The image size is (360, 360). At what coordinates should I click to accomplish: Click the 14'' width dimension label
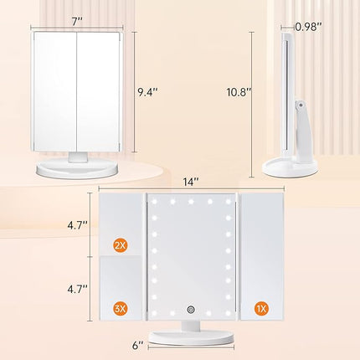[193, 177]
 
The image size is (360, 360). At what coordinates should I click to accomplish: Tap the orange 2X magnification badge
[121, 245]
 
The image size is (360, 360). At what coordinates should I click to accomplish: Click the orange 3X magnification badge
[121, 309]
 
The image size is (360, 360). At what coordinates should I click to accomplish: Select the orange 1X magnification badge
[264, 309]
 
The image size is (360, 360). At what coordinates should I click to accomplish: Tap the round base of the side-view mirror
[289, 167]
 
